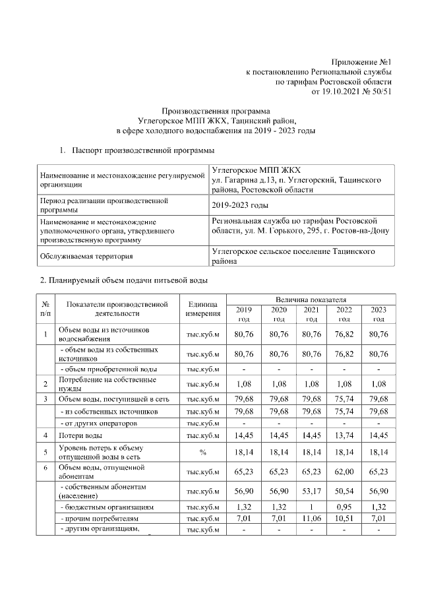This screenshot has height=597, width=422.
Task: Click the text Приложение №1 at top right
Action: [361, 61]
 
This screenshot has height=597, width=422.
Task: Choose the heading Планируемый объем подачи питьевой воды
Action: [125, 280]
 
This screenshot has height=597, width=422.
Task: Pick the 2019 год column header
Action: [244, 314]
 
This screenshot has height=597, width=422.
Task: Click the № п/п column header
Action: [45, 308]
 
